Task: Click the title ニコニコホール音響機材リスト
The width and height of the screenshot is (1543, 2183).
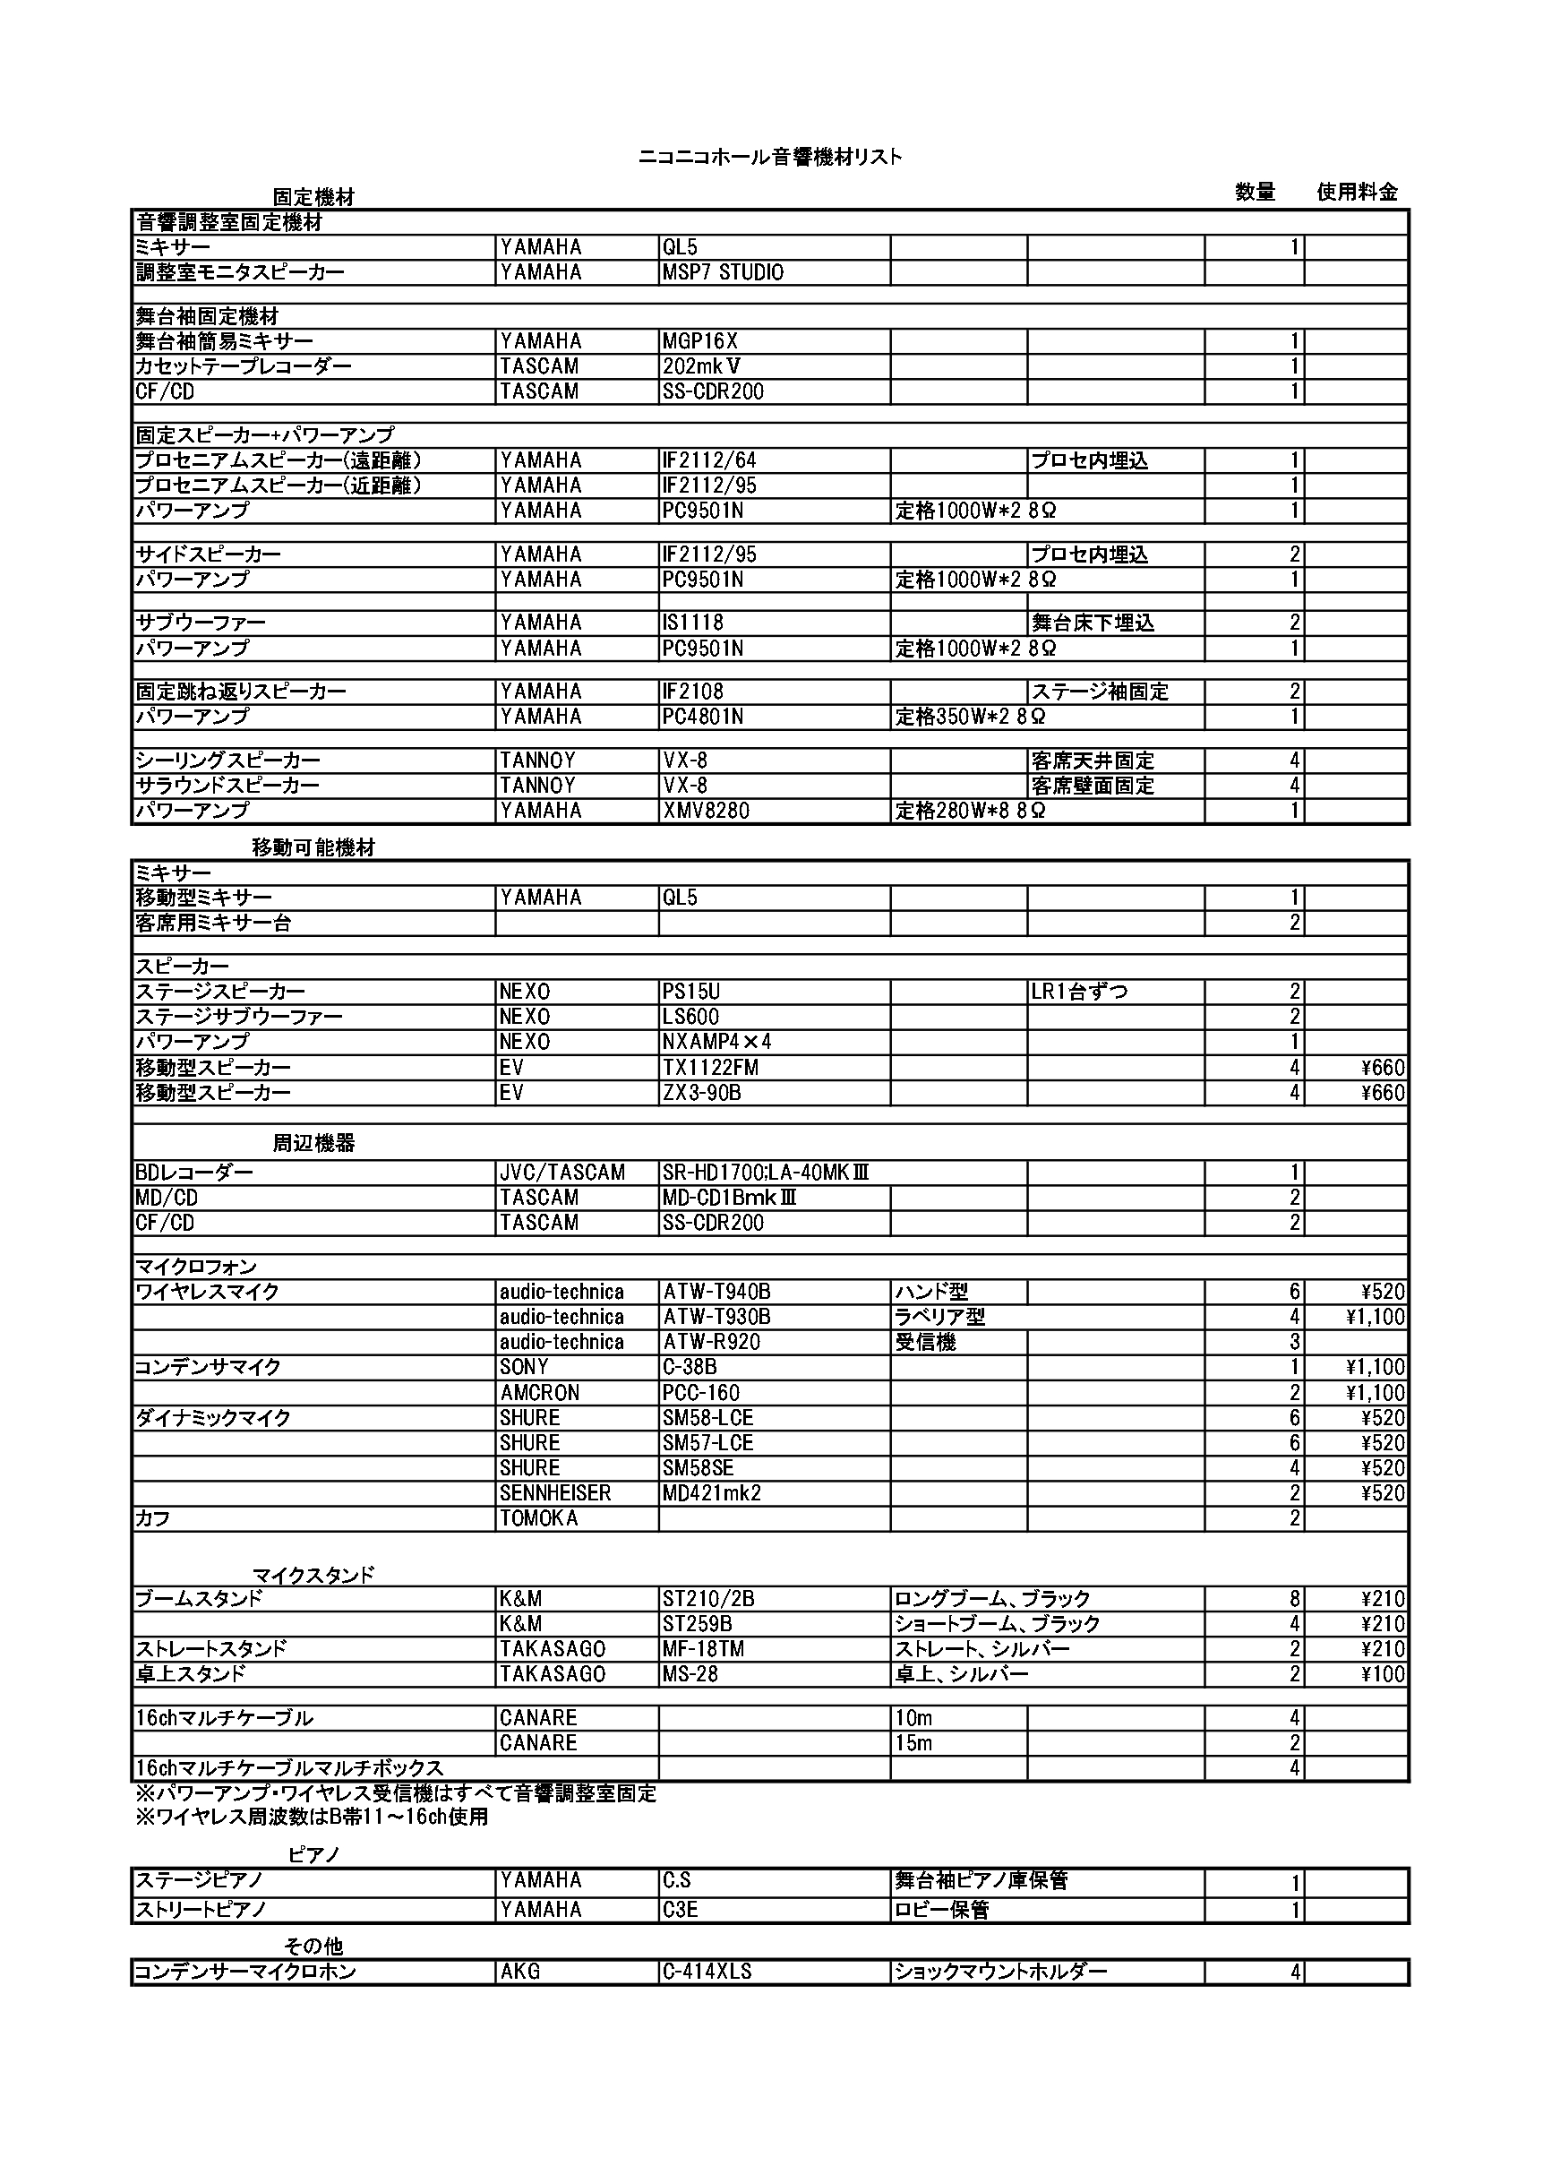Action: pyautogui.click(x=770, y=158)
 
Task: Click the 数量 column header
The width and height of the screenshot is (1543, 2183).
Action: pyautogui.click(x=1255, y=192)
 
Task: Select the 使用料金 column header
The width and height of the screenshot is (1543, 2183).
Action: pyautogui.click(x=1357, y=192)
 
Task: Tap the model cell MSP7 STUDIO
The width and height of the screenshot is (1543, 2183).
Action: pyautogui.click(x=723, y=273)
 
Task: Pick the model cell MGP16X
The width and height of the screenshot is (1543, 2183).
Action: pyautogui.click(x=699, y=341)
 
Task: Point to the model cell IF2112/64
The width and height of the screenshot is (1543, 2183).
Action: pyautogui.click(x=709, y=460)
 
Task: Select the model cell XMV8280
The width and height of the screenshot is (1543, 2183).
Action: pyautogui.click(x=706, y=811)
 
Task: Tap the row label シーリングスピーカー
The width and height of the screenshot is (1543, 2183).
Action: pyautogui.click(x=228, y=761)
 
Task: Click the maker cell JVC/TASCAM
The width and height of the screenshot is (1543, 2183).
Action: pyautogui.click(x=561, y=1173)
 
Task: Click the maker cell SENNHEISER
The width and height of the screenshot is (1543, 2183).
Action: pyautogui.click(x=555, y=1493)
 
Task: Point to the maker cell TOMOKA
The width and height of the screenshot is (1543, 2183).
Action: pyautogui.click(x=539, y=1518)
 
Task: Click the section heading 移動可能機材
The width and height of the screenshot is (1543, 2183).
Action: pyautogui.click(x=313, y=848)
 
